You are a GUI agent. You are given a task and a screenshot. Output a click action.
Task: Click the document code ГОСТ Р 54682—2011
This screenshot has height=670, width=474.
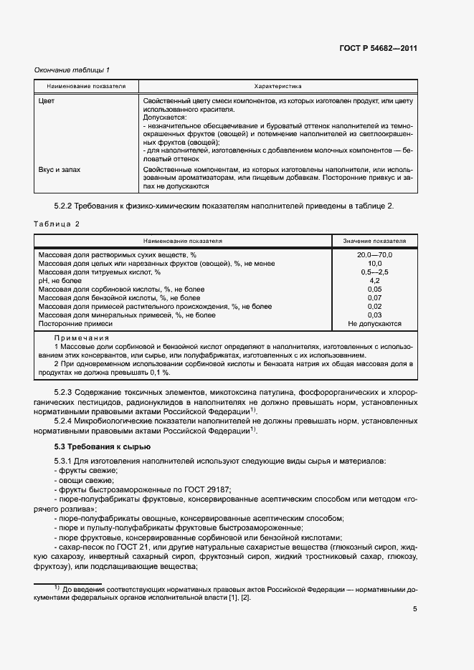pos(378,49)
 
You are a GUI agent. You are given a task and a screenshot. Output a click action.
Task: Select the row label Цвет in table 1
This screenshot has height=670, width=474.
pos(47,101)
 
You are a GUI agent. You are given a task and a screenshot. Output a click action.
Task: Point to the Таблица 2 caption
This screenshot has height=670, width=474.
pos(57,224)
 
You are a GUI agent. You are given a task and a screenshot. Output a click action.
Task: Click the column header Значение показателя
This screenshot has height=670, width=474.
pos(374,241)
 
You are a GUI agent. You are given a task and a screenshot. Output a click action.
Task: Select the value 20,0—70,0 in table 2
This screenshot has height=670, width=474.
pos(374,255)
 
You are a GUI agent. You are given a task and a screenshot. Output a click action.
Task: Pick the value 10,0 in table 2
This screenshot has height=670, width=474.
pos(374,264)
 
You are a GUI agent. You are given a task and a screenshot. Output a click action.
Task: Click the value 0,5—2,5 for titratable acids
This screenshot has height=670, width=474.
pos(374,272)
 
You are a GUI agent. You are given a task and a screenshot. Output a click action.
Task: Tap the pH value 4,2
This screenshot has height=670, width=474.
pos(374,281)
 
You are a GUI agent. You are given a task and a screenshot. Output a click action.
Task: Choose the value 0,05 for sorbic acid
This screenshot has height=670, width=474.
pos(374,289)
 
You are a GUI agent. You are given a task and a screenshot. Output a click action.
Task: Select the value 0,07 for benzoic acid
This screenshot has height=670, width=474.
pos(374,298)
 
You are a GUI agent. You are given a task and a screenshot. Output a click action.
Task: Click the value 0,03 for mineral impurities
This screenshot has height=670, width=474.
pos(374,315)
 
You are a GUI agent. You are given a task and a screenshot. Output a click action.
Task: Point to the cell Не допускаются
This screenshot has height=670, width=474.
pos(374,324)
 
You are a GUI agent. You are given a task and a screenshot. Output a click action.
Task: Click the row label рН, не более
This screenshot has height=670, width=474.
pos(59,281)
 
